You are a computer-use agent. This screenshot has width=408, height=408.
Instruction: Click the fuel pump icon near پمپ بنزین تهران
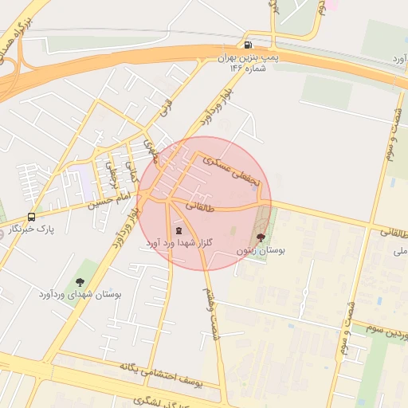[249, 45]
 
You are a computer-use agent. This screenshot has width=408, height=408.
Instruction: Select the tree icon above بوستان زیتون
[261, 237]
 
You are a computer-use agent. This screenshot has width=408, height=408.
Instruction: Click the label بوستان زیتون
[261, 250]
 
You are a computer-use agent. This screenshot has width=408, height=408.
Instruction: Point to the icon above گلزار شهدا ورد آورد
[178, 229]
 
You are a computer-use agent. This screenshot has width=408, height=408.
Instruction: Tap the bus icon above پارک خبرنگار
[31, 217]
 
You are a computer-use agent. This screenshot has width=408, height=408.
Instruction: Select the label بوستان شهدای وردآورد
[80, 294]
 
